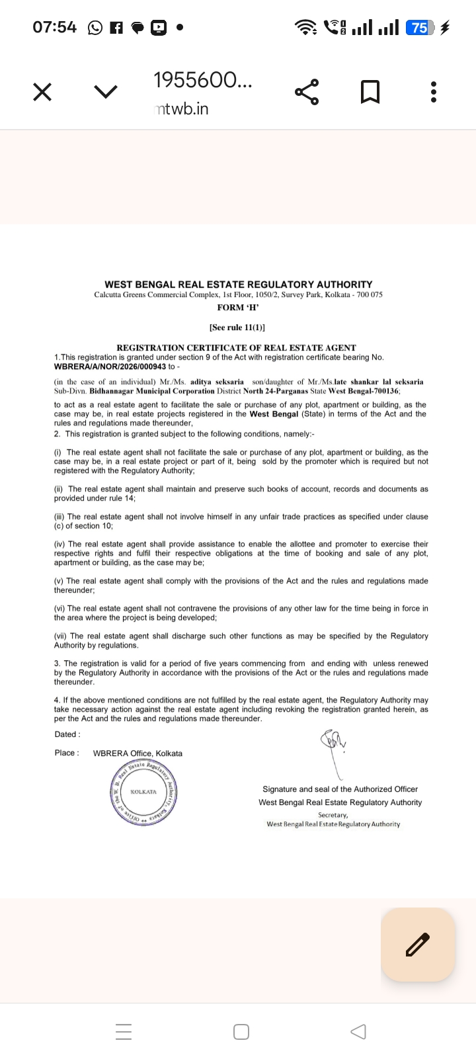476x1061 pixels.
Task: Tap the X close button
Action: (x=42, y=92)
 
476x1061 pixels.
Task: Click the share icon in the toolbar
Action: (x=307, y=92)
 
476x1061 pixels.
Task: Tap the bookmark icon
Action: (x=370, y=92)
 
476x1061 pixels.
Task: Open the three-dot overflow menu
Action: (x=434, y=92)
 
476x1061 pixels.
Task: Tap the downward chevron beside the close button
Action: (x=106, y=92)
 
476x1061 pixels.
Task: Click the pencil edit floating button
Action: (x=418, y=944)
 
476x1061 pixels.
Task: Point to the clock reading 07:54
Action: (x=54, y=27)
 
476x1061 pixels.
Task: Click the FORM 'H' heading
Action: (x=238, y=308)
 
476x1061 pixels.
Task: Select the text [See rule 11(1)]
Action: (x=237, y=327)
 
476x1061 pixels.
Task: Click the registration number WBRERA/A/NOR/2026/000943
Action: (x=110, y=366)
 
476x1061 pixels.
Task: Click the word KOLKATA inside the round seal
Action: (x=143, y=792)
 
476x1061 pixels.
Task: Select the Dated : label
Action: (x=67, y=734)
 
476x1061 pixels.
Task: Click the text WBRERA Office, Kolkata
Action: (x=138, y=753)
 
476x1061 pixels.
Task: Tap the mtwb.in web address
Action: (x=182, y=109)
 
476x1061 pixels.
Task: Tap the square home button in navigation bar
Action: (x=241, y=1032)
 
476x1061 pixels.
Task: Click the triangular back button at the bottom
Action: (x=358, y=1032)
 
